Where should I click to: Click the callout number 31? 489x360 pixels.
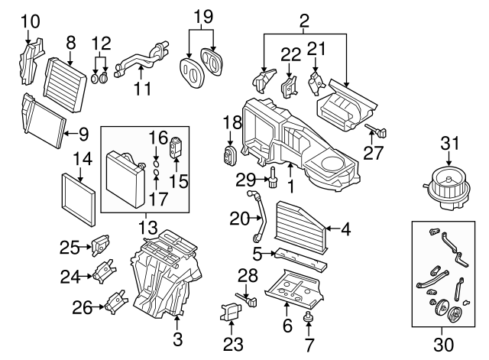(x=451, y=143)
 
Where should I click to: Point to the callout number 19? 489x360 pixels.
(x=201, y=16)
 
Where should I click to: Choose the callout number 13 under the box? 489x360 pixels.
(x=144, y=227)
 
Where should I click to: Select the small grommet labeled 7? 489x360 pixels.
(x=311, y=316)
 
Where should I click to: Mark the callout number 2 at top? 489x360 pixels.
(x=303, y=18)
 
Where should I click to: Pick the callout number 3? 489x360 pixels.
(x=178, y=337)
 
